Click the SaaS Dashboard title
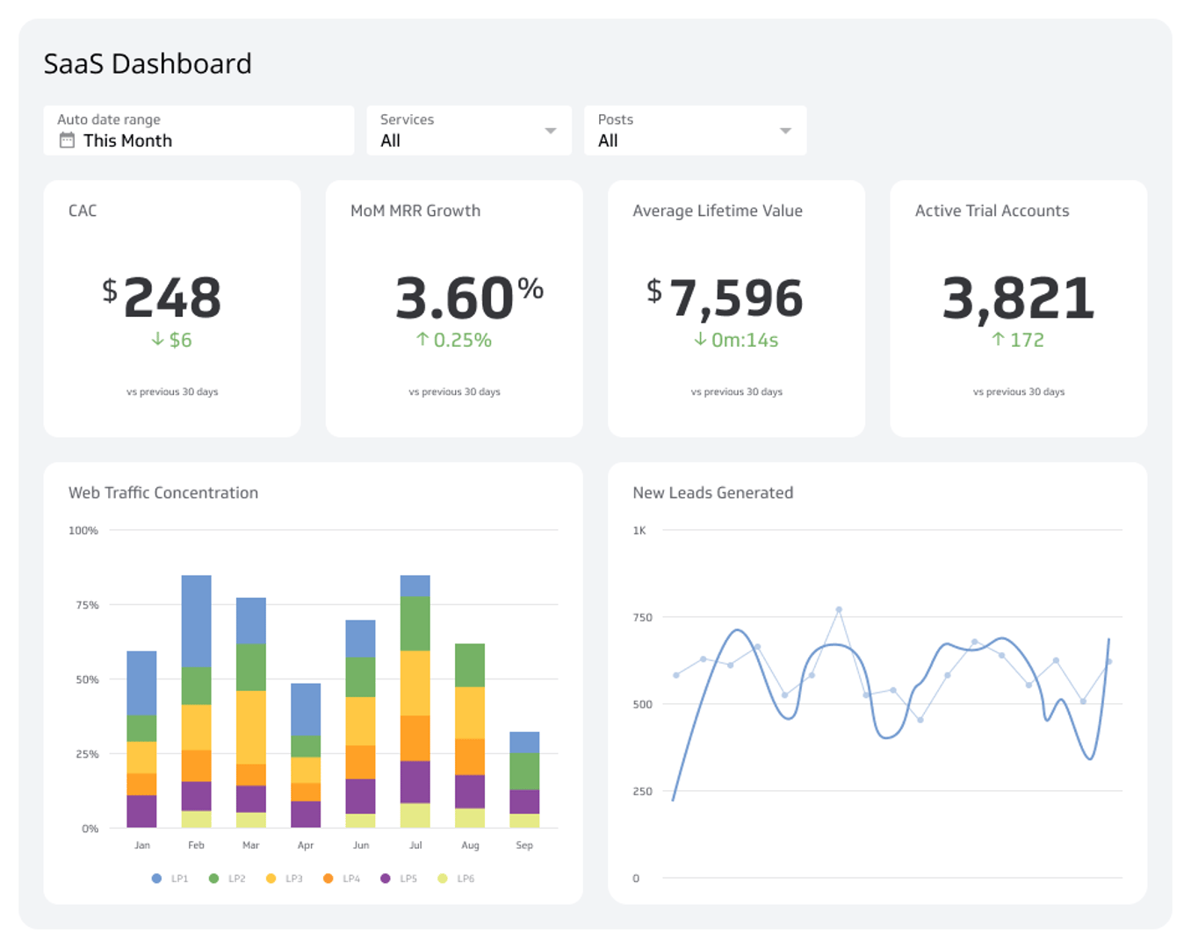[x=148, y=64]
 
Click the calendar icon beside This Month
[x=67, y=140]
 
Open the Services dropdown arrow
[x=551, y=131]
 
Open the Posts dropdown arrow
[x=785, y=131]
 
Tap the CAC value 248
[x=172, y=298]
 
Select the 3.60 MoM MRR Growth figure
[x=454, y=298]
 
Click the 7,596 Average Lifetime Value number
[x=736, y=298]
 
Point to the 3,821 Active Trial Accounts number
[x=1018, y=298]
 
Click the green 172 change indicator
[x=1018, y=341]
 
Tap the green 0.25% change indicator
[x=454, y=341]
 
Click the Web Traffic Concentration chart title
[x=163, y=493]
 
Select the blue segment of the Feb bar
[x=196, y=621]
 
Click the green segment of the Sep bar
[x=524, y=771]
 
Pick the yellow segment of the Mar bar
[x=251, y=727]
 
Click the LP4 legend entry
[x=342, y=879]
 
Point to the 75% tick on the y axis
[x=87, y=606]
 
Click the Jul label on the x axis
[x=415, y=845]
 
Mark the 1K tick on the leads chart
[x=639, y=531]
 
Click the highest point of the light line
[x=839, y=609]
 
